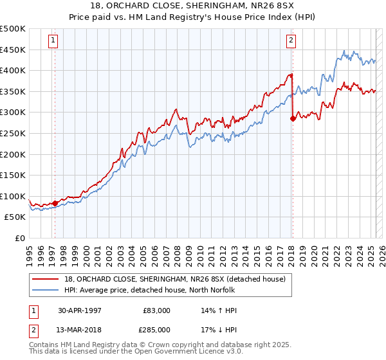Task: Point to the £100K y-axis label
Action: click(x=13, y=196)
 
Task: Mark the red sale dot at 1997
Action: click(x=55, y=203)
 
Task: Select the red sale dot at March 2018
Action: click(x=293, y=118)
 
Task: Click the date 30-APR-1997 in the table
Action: click(x=79, y=310)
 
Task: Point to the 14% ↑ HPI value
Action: click(x=219, y=310)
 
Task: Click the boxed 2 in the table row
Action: click(x=33, y=331)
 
